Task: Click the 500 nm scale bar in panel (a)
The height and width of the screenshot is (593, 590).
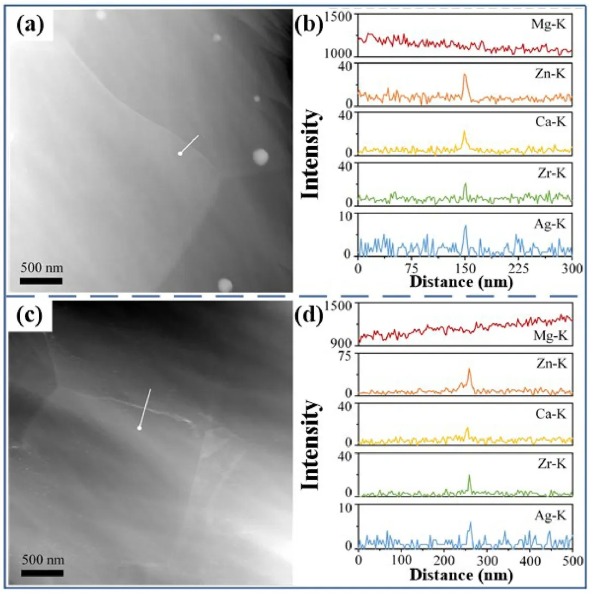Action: click(42, 281)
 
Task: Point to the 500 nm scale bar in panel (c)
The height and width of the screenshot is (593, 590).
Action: click(42, 572)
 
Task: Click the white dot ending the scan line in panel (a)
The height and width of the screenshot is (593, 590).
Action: click(180, 154)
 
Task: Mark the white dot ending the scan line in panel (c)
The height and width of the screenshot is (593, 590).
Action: click(139, 429)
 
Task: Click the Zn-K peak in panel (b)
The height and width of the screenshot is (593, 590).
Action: click(465, 75)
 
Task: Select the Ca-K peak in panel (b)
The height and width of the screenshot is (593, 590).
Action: click(464, 132)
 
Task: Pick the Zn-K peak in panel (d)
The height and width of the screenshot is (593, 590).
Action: click(469, 370)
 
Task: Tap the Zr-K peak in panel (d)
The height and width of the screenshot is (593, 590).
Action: click(469, 476)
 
